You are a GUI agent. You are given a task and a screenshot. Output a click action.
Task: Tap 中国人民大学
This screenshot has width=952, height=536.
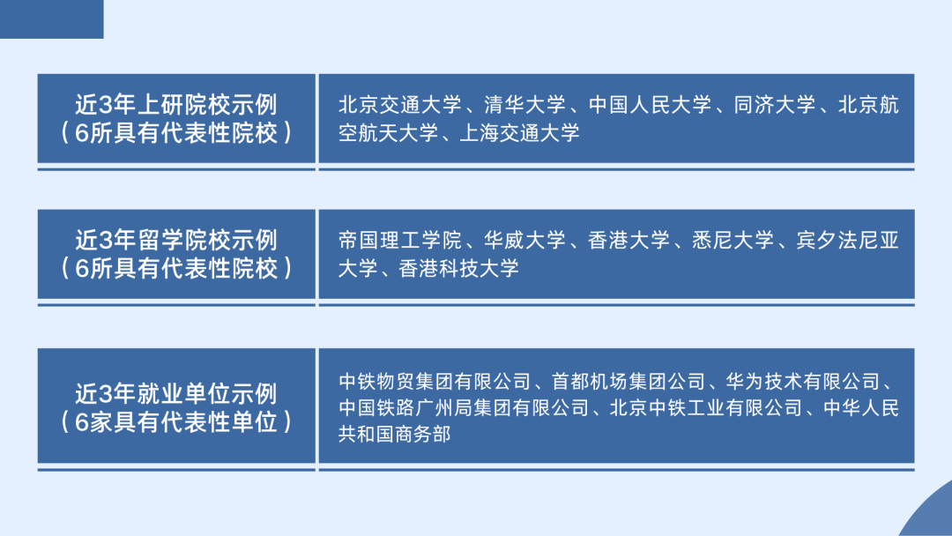point(650,106)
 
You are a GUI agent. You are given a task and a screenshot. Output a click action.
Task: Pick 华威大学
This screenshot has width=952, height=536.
point(524,240)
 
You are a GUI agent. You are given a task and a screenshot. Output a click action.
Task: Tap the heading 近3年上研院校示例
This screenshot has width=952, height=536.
point(176,105)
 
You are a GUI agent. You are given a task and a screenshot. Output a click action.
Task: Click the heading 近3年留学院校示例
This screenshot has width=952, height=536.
point(176,239)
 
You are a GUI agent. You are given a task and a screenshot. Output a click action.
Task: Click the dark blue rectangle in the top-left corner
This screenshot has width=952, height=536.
point(51,19)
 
